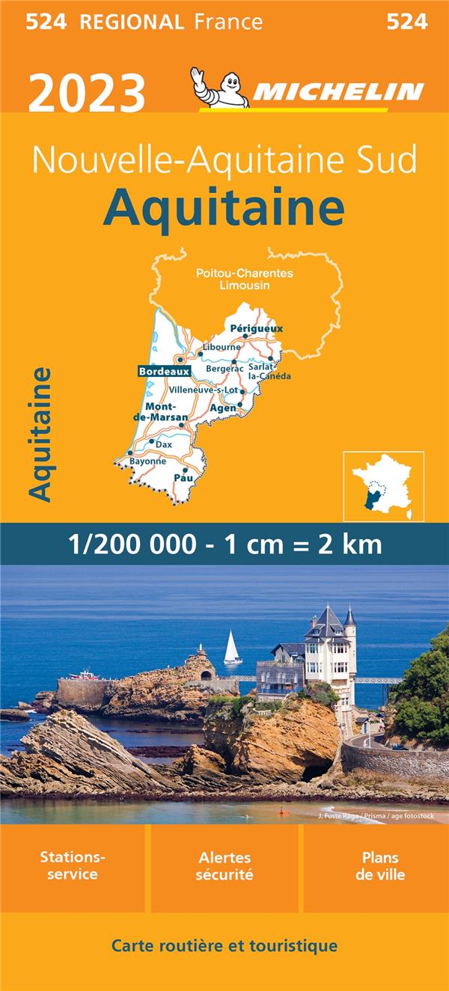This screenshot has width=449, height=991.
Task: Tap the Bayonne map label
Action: pyautogui.click(x=148, y=461)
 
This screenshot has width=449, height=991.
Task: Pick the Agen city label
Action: pyautogui.click(x=223, y=408)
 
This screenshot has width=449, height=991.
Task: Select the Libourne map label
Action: pyautogui.click(x=222, y=347)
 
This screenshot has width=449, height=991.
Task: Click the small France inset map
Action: pyautogui.click(x=383, y=486)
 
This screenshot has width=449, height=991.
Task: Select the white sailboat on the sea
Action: pyautogui.click(x=232, y=648)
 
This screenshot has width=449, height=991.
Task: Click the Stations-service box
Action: pyautogui.click(x=73, y=866)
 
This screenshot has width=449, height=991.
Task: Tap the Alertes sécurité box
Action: pyautogui.click(x=224, y=866)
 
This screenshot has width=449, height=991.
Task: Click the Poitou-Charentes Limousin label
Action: pyautogui.click(x=245, y=279)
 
